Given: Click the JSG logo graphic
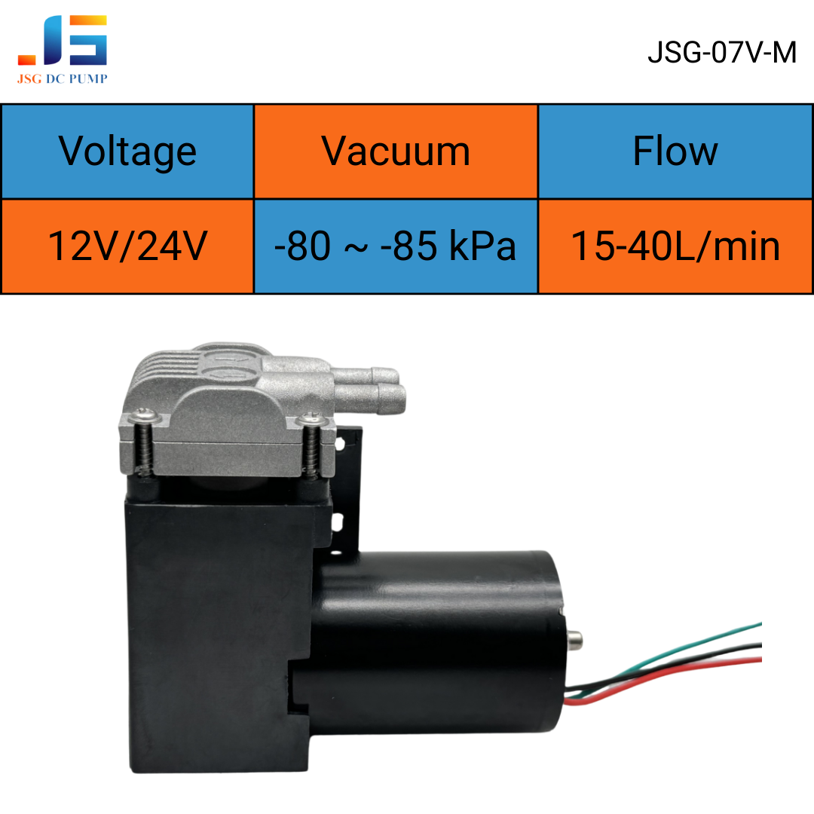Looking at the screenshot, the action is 63,40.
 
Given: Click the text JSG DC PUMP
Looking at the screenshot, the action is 63,78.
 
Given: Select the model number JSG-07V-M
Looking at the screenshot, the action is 721,53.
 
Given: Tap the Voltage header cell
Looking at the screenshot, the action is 127,151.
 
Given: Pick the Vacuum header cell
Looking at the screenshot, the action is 396,151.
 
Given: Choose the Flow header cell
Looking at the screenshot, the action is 675,151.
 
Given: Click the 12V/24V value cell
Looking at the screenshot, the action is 127,246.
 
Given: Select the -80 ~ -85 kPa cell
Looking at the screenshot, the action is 396,246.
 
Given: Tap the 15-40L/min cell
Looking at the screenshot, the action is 675,246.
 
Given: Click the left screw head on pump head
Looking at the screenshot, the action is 144,415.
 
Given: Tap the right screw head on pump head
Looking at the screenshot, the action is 311,418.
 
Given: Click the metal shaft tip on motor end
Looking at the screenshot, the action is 574,640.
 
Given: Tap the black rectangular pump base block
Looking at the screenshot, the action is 218,633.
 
